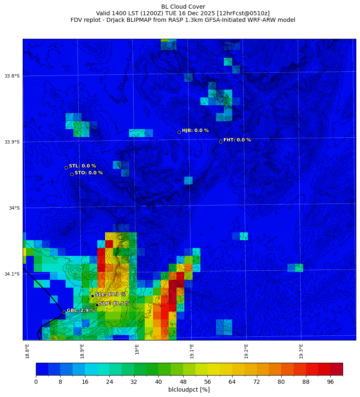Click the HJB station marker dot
point(179,132)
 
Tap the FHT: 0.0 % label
point(237,140)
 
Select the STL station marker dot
point(66,168)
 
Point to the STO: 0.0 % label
point(89,173)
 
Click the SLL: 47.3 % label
point(110,294)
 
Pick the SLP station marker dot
point(97,305)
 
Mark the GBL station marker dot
point(64,312)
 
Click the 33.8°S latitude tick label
point(12,76)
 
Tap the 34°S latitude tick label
point(14,208)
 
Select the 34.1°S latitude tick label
point(12,274)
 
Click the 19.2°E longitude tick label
point(246,351)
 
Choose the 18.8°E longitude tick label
point(27,351)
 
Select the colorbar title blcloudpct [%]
point(189,390)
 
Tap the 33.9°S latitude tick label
point(12,142)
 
